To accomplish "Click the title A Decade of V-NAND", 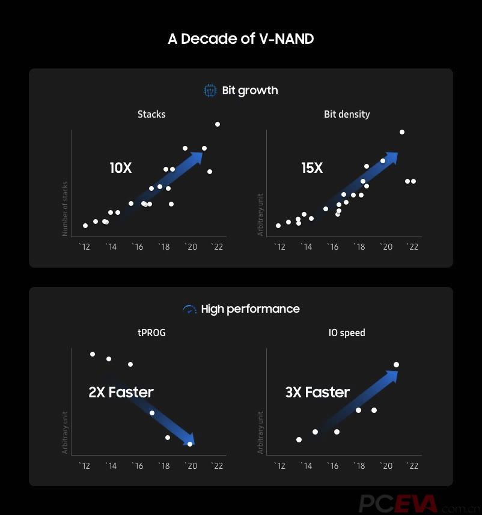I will (240, 39).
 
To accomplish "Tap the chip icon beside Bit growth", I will (210, 91).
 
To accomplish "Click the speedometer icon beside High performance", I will (190, 309).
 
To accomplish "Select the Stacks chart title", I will (151, 114).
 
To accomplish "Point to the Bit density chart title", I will (347, 114).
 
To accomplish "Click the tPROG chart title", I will (151, 333).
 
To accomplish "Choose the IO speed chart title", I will (347, 333).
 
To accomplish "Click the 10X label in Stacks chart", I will (120, 168).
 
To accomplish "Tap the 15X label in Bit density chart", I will (312, 168).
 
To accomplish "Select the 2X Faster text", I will (121, 393).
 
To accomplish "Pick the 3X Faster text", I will (317, 393).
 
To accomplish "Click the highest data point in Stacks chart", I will (218, 124).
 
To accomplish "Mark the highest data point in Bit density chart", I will (402, 132).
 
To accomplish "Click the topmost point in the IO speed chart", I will (396, 364).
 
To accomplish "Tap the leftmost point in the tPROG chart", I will (93, 354).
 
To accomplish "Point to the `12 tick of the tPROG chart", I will (85, 466).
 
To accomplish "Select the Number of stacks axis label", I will (65, 208).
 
